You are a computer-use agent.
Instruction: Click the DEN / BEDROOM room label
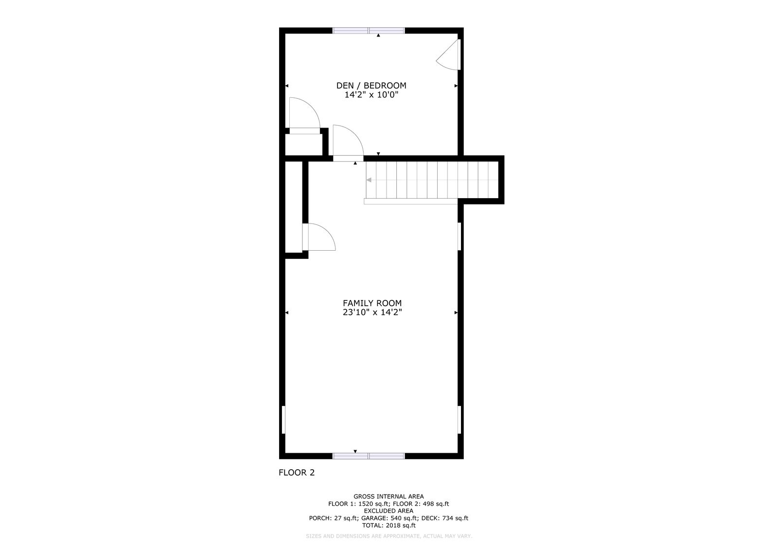point(371,86)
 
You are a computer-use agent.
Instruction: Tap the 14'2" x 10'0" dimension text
point(371,94)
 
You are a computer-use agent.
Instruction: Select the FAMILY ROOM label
point(372,303)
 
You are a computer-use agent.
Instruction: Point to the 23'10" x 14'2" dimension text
point(372,312)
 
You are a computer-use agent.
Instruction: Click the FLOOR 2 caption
point(297,473)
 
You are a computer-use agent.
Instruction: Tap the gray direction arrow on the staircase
point(369,180)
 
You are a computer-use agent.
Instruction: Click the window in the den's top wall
point(369,31)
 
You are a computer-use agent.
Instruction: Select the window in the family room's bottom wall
point(369,456)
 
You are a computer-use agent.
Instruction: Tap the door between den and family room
point(348,143)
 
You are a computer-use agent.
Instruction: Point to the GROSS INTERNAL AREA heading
point(389,496)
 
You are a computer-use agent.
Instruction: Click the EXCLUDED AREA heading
point(389,511)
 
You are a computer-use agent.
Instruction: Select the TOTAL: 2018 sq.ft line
point(389,525)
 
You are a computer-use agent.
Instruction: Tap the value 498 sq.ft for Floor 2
point(436,504)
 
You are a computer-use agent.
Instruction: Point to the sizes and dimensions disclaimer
point(389,536)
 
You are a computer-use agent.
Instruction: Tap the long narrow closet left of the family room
point(294,207)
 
